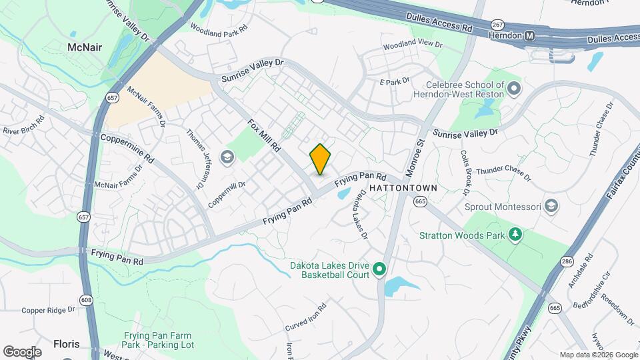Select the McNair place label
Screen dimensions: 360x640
coord(84,47)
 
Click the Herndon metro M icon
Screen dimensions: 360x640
coord(529,35)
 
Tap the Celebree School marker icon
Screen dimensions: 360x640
coord(513,88)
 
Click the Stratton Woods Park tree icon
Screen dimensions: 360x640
coord(514,235)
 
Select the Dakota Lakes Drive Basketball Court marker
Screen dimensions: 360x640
coord(379,269)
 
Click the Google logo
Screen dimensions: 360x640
coord(22,351)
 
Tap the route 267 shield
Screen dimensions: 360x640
coord(497,25)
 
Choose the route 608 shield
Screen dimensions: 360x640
coord(87,301)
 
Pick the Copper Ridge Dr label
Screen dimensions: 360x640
coord(48,310)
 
